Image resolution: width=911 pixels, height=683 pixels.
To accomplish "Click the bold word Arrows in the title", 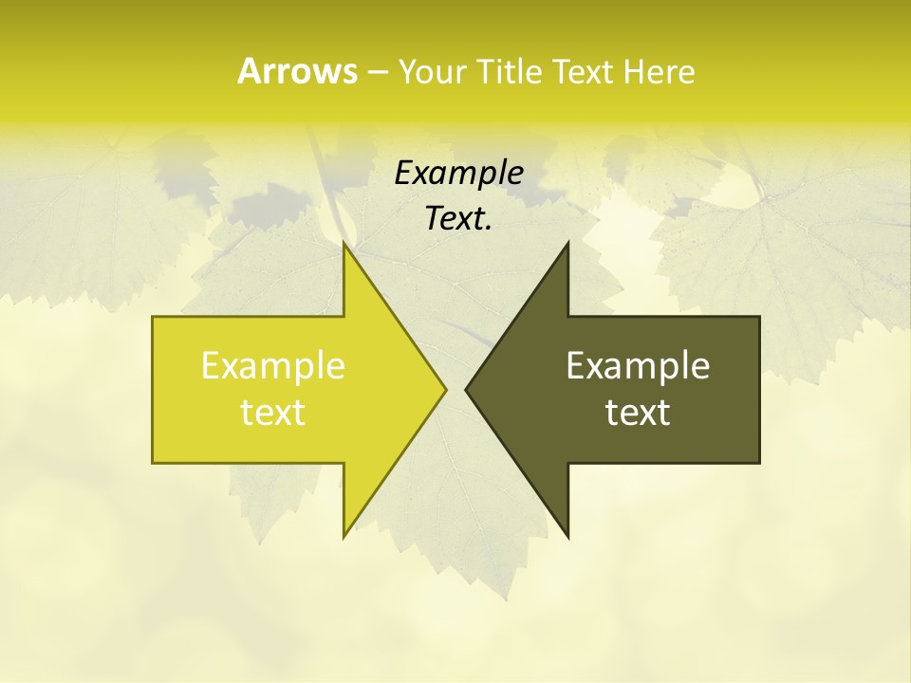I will (297, 71).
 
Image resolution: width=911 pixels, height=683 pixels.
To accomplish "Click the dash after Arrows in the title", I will (377, 72).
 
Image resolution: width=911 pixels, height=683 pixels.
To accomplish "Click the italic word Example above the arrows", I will (458, 173).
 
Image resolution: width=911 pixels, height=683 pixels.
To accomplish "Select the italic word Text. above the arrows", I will (458, 218).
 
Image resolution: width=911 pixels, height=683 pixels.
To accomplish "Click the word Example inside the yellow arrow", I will (273, 365).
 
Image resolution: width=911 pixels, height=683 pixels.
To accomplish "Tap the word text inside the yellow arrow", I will (273, 413).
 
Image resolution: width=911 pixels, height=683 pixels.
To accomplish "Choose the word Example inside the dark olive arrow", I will (638, 365).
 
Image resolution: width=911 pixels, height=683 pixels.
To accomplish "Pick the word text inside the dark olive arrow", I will (638, 413).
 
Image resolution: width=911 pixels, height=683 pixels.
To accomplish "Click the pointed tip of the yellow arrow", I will (445, 389).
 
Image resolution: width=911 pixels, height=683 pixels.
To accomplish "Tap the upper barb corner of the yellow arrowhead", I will (344, 244).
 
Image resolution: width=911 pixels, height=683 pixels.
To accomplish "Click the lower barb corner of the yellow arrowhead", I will (344, 536).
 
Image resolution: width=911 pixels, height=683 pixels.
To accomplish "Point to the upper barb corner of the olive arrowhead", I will (567, 244).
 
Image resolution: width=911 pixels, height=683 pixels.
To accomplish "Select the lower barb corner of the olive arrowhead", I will (567, 536).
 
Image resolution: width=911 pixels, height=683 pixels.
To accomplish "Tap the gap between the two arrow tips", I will (456, 389).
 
